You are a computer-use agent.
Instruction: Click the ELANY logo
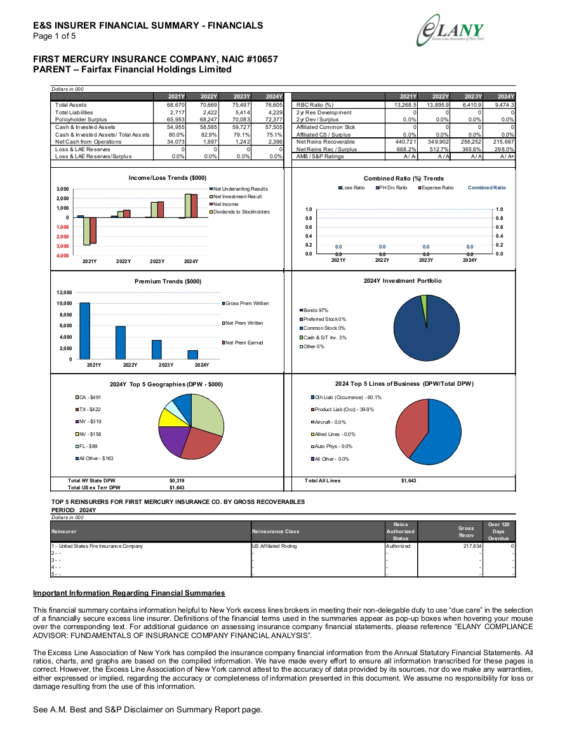(x=450, y=30)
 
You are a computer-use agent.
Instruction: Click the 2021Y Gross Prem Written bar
(x=84, y=331)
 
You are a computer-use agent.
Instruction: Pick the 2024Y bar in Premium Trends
(x=193, y=355)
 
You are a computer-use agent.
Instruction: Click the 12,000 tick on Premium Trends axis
(x=65, y=292)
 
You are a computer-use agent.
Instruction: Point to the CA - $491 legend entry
(x=88, y=397)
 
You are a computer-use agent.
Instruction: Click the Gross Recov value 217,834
(x=472, y=546)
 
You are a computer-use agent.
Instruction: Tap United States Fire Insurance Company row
(x=97, y=546)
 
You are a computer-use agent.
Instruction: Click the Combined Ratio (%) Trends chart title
(x=404, y=179)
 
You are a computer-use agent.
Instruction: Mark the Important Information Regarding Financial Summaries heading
(x=129, y=593)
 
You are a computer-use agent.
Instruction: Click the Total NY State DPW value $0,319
(x=177, y=480)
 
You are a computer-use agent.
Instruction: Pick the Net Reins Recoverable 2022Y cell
(x=438, y=141)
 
